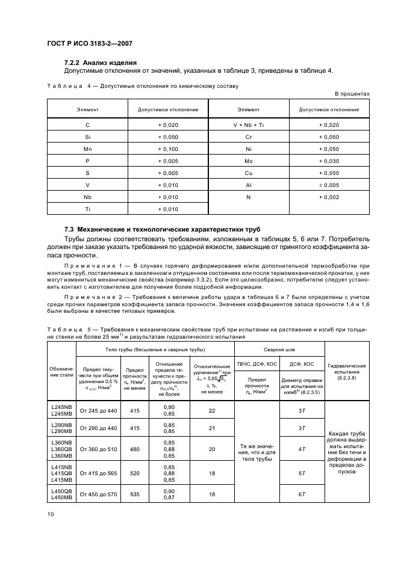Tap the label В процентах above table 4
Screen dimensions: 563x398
coord(352,94)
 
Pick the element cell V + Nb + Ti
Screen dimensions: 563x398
coord(248,125)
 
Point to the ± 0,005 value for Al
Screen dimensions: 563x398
coord(329,185)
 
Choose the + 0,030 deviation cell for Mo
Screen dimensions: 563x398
coord(329,161)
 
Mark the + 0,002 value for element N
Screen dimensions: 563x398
coord(329,197)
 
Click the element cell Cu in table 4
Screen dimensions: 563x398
coord(248,173)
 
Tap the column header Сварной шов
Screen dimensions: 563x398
coord(279,349)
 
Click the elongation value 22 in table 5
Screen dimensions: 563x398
coord(211,411)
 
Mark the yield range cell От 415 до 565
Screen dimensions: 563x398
coord(98,474)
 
